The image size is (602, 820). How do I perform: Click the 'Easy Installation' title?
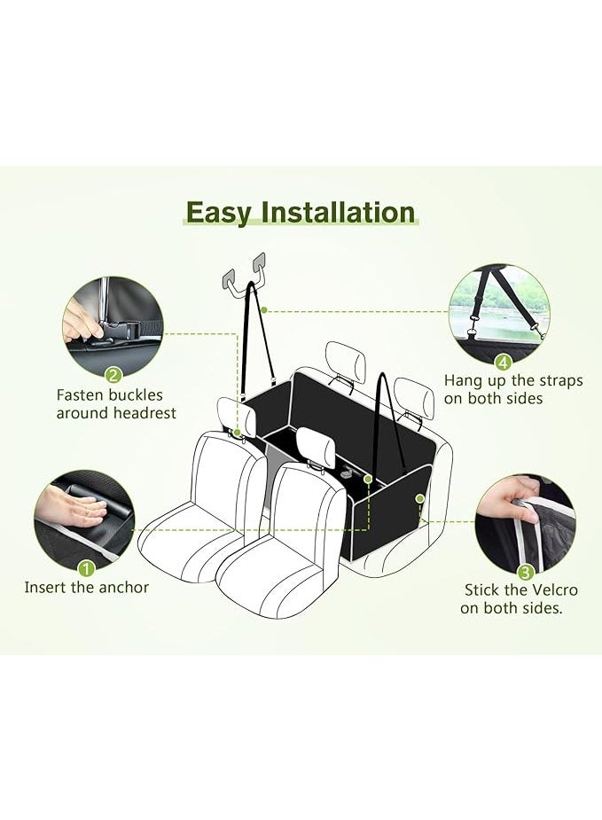301,214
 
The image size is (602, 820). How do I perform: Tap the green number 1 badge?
86,567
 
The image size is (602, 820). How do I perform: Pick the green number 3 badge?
526,572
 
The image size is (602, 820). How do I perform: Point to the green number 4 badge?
503,362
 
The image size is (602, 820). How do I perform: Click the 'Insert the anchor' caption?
87,587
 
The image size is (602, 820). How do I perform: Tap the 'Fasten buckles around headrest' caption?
116,404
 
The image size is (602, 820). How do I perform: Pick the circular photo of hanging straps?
499,310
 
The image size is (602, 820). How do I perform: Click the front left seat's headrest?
229,413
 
